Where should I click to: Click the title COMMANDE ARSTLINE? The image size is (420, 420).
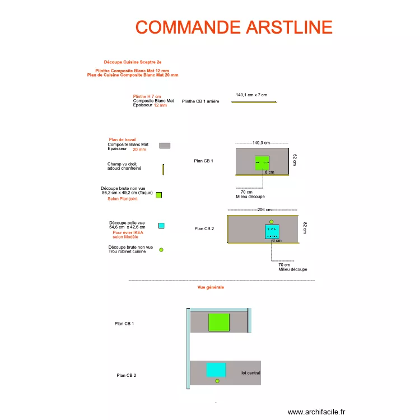coord(234,27)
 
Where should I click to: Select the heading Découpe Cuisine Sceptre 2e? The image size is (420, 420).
coord(133,62)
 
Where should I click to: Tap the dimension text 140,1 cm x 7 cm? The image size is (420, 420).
coord(251,95)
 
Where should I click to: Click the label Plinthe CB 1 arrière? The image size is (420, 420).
coord(200,101)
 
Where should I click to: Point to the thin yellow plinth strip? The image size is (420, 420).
coord(254,102)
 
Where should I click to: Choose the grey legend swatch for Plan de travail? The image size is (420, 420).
coord(165,146)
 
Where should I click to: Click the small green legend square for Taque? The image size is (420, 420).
coord(158,195)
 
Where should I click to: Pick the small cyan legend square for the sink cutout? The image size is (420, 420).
coord(161,226)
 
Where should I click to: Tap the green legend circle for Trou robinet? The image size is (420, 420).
coord(161,250)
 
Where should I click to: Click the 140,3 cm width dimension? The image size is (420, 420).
coord(262,143)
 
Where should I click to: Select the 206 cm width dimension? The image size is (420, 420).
coord(264,209)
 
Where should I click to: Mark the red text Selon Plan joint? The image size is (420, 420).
coord(123,199)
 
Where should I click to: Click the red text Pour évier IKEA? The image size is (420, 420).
coord(128,232)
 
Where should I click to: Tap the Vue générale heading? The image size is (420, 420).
coord(211,287)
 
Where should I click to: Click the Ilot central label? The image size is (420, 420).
coord(250,372)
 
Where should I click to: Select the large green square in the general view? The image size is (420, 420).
coord(219,323)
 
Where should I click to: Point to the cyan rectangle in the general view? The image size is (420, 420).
coord(216,370)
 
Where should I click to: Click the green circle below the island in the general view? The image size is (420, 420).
coord(217,381)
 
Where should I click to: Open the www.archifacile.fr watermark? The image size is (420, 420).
coord(317,412)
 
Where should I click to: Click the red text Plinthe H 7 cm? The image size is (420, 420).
coord(147,96)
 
